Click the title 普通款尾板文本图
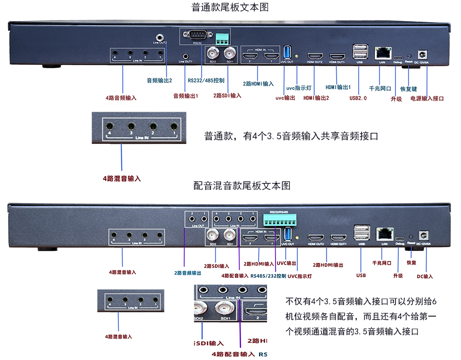pyautogui.click(x=231, y=7)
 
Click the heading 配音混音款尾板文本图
pyautogui.click(x=242, y=186)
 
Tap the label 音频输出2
pyautogui.click(x=159, y=80)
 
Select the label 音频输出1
pyautogui.click(x=185, y=95)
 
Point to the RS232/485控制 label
pyautogui.click(x=206, y=80)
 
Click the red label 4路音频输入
pyautogui.click(x=121, y=98)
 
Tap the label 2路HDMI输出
pyautogui.click(x=328, y=265)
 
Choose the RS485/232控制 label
pyautogui.click(x=269, y=276)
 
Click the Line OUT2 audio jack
pyautogui.click(x=160, y=37)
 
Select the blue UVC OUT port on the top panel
pyautogui.click(x=287, y=52)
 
